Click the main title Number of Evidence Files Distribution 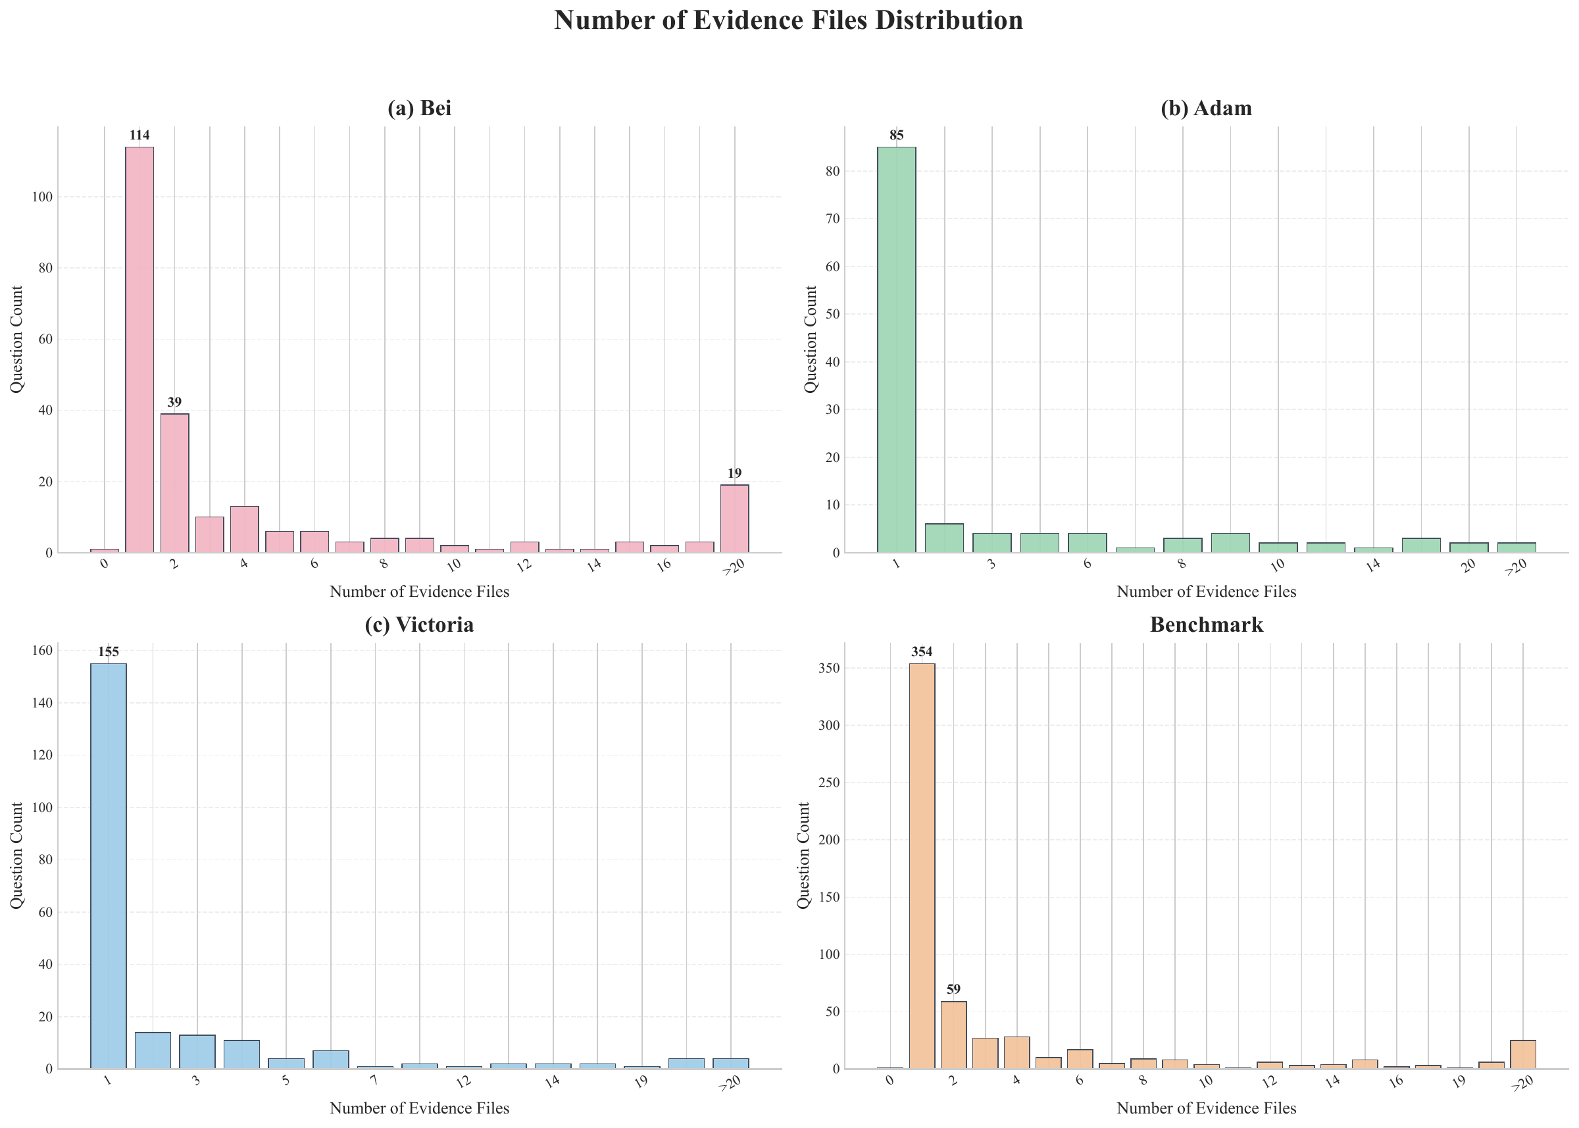pyautogui.click(x=788, y=21)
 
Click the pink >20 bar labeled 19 pyautogui.click(x=735, y=519)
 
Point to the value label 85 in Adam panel pyautogui.click(x=897, y=135)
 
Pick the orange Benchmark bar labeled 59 pyautogui.click(x=953, y=1035)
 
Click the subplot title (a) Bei pyautogui.click(x=419, y=109)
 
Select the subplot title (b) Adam pyautogui.click(x=1206, y=109)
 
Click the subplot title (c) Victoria pyautogui.click(x=419, y=625)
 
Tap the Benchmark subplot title pyautogui.click(x=1206, y=625)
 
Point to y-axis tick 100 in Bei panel pyautogui.click(x=41, y=197)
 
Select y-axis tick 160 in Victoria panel pyautogui.click(x=41, y=651)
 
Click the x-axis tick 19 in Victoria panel pyautogui.click(x=640, y=1081)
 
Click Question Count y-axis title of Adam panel pyautogui.click(x=811, y=339)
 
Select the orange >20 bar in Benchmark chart pyautogui.click(x=1523, y=1054)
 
